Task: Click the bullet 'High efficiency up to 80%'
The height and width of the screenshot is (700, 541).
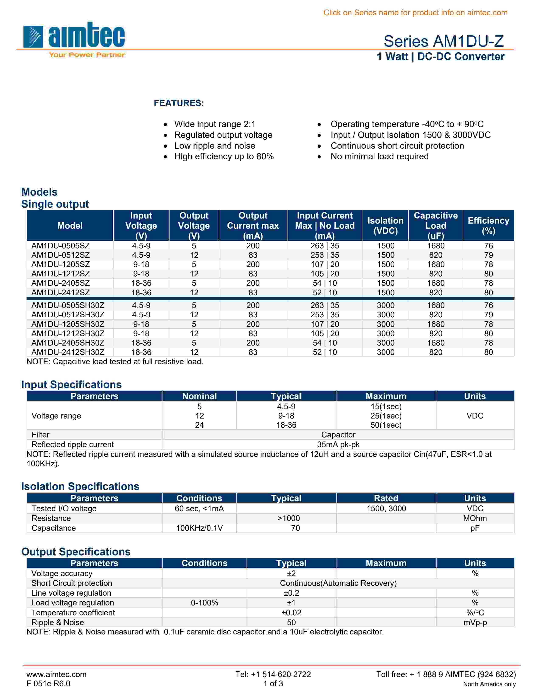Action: (x=224, y=156)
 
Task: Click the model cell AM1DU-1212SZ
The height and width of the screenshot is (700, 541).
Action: (x=61, y=274)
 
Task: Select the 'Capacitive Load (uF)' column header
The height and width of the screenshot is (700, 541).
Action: (x=436, y=226)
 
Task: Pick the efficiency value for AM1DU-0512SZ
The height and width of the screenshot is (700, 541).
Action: (x=488, y=255)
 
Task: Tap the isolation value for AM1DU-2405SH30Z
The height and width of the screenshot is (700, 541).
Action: (x=385, y=343)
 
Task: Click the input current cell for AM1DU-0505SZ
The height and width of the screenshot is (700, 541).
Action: (x=325, y=246)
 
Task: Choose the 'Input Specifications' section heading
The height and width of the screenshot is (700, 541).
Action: (x=71, y=385)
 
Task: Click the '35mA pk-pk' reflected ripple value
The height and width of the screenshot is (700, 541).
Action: (x=338, y=445)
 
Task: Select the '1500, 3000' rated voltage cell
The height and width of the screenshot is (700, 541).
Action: (x=386, y=509)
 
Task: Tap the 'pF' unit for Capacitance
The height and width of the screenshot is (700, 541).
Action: (x=475, y=528)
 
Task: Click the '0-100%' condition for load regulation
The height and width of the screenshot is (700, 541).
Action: (x=205, y=603)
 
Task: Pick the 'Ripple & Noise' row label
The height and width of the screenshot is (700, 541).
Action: (x=58, y=622)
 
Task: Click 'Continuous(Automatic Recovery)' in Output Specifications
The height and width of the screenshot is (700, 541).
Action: (x=338, y=583)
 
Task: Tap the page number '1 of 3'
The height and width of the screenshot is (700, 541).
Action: (x=273, y=684)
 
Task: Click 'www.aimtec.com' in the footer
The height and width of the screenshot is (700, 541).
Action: (x=56, y=674)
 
